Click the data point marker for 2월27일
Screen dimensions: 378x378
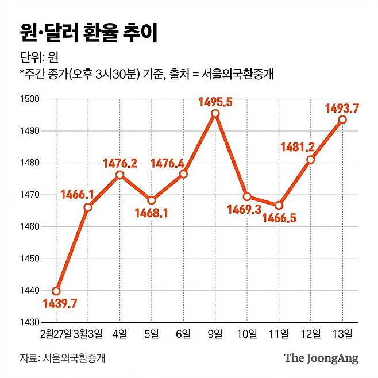coord(56,291)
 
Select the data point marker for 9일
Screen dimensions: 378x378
coord(215,114)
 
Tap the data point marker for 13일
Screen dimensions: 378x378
coord(342,119)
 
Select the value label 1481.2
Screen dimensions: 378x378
coord(298,146)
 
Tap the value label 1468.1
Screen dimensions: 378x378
coord(151,213)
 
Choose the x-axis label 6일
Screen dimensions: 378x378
coord(183,334)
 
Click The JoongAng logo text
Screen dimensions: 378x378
coord(321,358)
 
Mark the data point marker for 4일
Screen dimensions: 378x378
coord(119,175)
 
